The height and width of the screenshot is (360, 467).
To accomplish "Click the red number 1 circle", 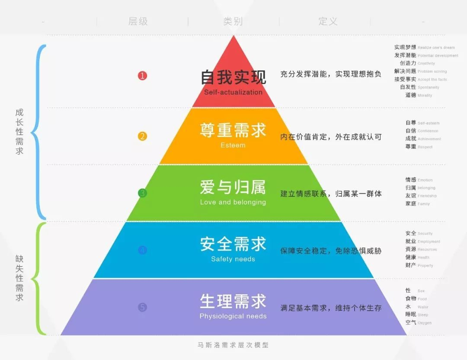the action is point(143,76).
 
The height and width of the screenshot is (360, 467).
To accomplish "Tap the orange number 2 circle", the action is point(143,136).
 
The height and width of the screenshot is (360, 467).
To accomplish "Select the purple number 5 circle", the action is point(143,308).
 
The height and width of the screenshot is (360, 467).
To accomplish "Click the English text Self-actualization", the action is point(233,92).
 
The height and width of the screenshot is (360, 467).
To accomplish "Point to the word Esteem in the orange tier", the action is point(233,145).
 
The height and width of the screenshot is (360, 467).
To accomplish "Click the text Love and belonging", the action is point(233,202).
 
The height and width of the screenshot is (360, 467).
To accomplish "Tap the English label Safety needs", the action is point(233,259).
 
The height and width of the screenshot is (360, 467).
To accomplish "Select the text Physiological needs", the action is point(233,316).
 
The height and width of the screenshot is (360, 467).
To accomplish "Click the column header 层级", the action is point(138,21).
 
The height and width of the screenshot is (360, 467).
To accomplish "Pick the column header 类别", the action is point(233,21).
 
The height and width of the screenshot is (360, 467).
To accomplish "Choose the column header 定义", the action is point(328,21).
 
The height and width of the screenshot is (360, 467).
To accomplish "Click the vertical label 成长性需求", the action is point(19,132).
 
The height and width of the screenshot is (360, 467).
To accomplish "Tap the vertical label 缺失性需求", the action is point(19,278).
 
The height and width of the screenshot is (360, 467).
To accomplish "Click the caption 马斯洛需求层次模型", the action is point(233,345).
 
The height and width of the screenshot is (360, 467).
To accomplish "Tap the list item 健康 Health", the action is point(417,257).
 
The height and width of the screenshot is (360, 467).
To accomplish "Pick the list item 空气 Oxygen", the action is point(418,322).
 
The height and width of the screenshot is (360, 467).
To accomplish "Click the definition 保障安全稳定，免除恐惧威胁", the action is point(331,251).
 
